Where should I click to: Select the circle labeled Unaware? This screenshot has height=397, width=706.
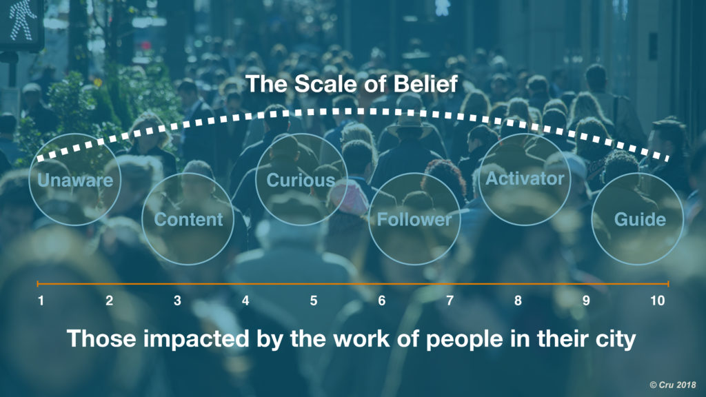[76, 180]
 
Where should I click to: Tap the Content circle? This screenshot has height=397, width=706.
[188, 219]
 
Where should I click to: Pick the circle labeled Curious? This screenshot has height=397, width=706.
[301, 180]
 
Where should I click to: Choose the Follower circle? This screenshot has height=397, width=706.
[414, 219]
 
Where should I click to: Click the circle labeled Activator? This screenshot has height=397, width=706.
[525, 179]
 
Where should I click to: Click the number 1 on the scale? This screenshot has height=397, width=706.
[41, 301]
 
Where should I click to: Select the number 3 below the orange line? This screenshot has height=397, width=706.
[177, 301]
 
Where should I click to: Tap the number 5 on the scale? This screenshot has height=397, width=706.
[314, 301]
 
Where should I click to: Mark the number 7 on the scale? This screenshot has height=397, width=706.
[450, 301]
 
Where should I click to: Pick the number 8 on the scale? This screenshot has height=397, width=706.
[518, 301]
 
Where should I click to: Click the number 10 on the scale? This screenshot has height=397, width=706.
[658, 301]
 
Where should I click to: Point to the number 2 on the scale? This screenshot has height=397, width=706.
[109, 301]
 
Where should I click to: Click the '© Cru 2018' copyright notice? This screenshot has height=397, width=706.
[672, 383]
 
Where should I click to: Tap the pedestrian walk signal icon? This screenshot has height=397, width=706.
[21, 21]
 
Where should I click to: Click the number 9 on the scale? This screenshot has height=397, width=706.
[586, 301]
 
